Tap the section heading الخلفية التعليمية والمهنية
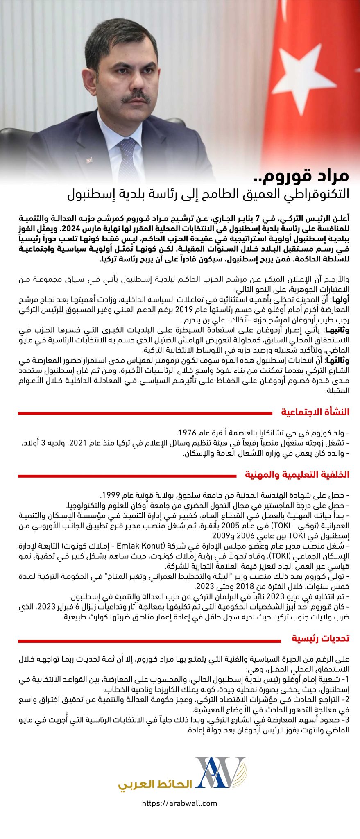click(297, 474)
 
